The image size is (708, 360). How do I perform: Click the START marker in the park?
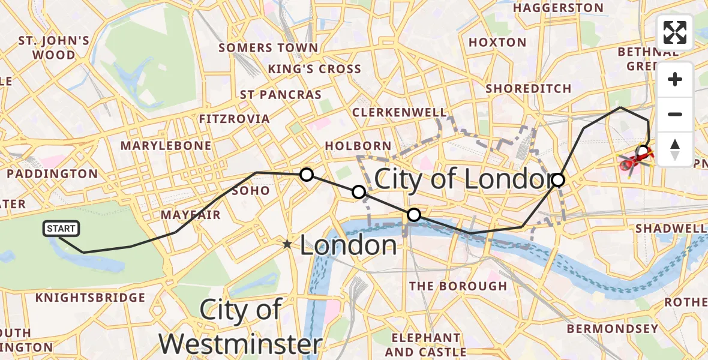point(61,229)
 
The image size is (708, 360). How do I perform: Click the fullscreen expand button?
point(675,32)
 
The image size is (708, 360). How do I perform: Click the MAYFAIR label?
point(191,215)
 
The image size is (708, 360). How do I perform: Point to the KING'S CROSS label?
point(314,69)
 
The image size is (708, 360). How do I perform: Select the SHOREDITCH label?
point(529,89)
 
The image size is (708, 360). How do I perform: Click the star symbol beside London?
point(288,244)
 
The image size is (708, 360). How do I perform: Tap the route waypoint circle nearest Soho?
point(307,175)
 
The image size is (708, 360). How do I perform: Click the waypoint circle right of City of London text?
point(558,179)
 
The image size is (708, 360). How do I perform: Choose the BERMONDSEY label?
point(613,329)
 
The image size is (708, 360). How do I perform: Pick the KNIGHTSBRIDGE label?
point(91,298)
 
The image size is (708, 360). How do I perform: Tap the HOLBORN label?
point(358,146)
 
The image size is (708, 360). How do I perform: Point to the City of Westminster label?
point(240,327)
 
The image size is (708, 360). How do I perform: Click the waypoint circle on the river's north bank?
point(414,215)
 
